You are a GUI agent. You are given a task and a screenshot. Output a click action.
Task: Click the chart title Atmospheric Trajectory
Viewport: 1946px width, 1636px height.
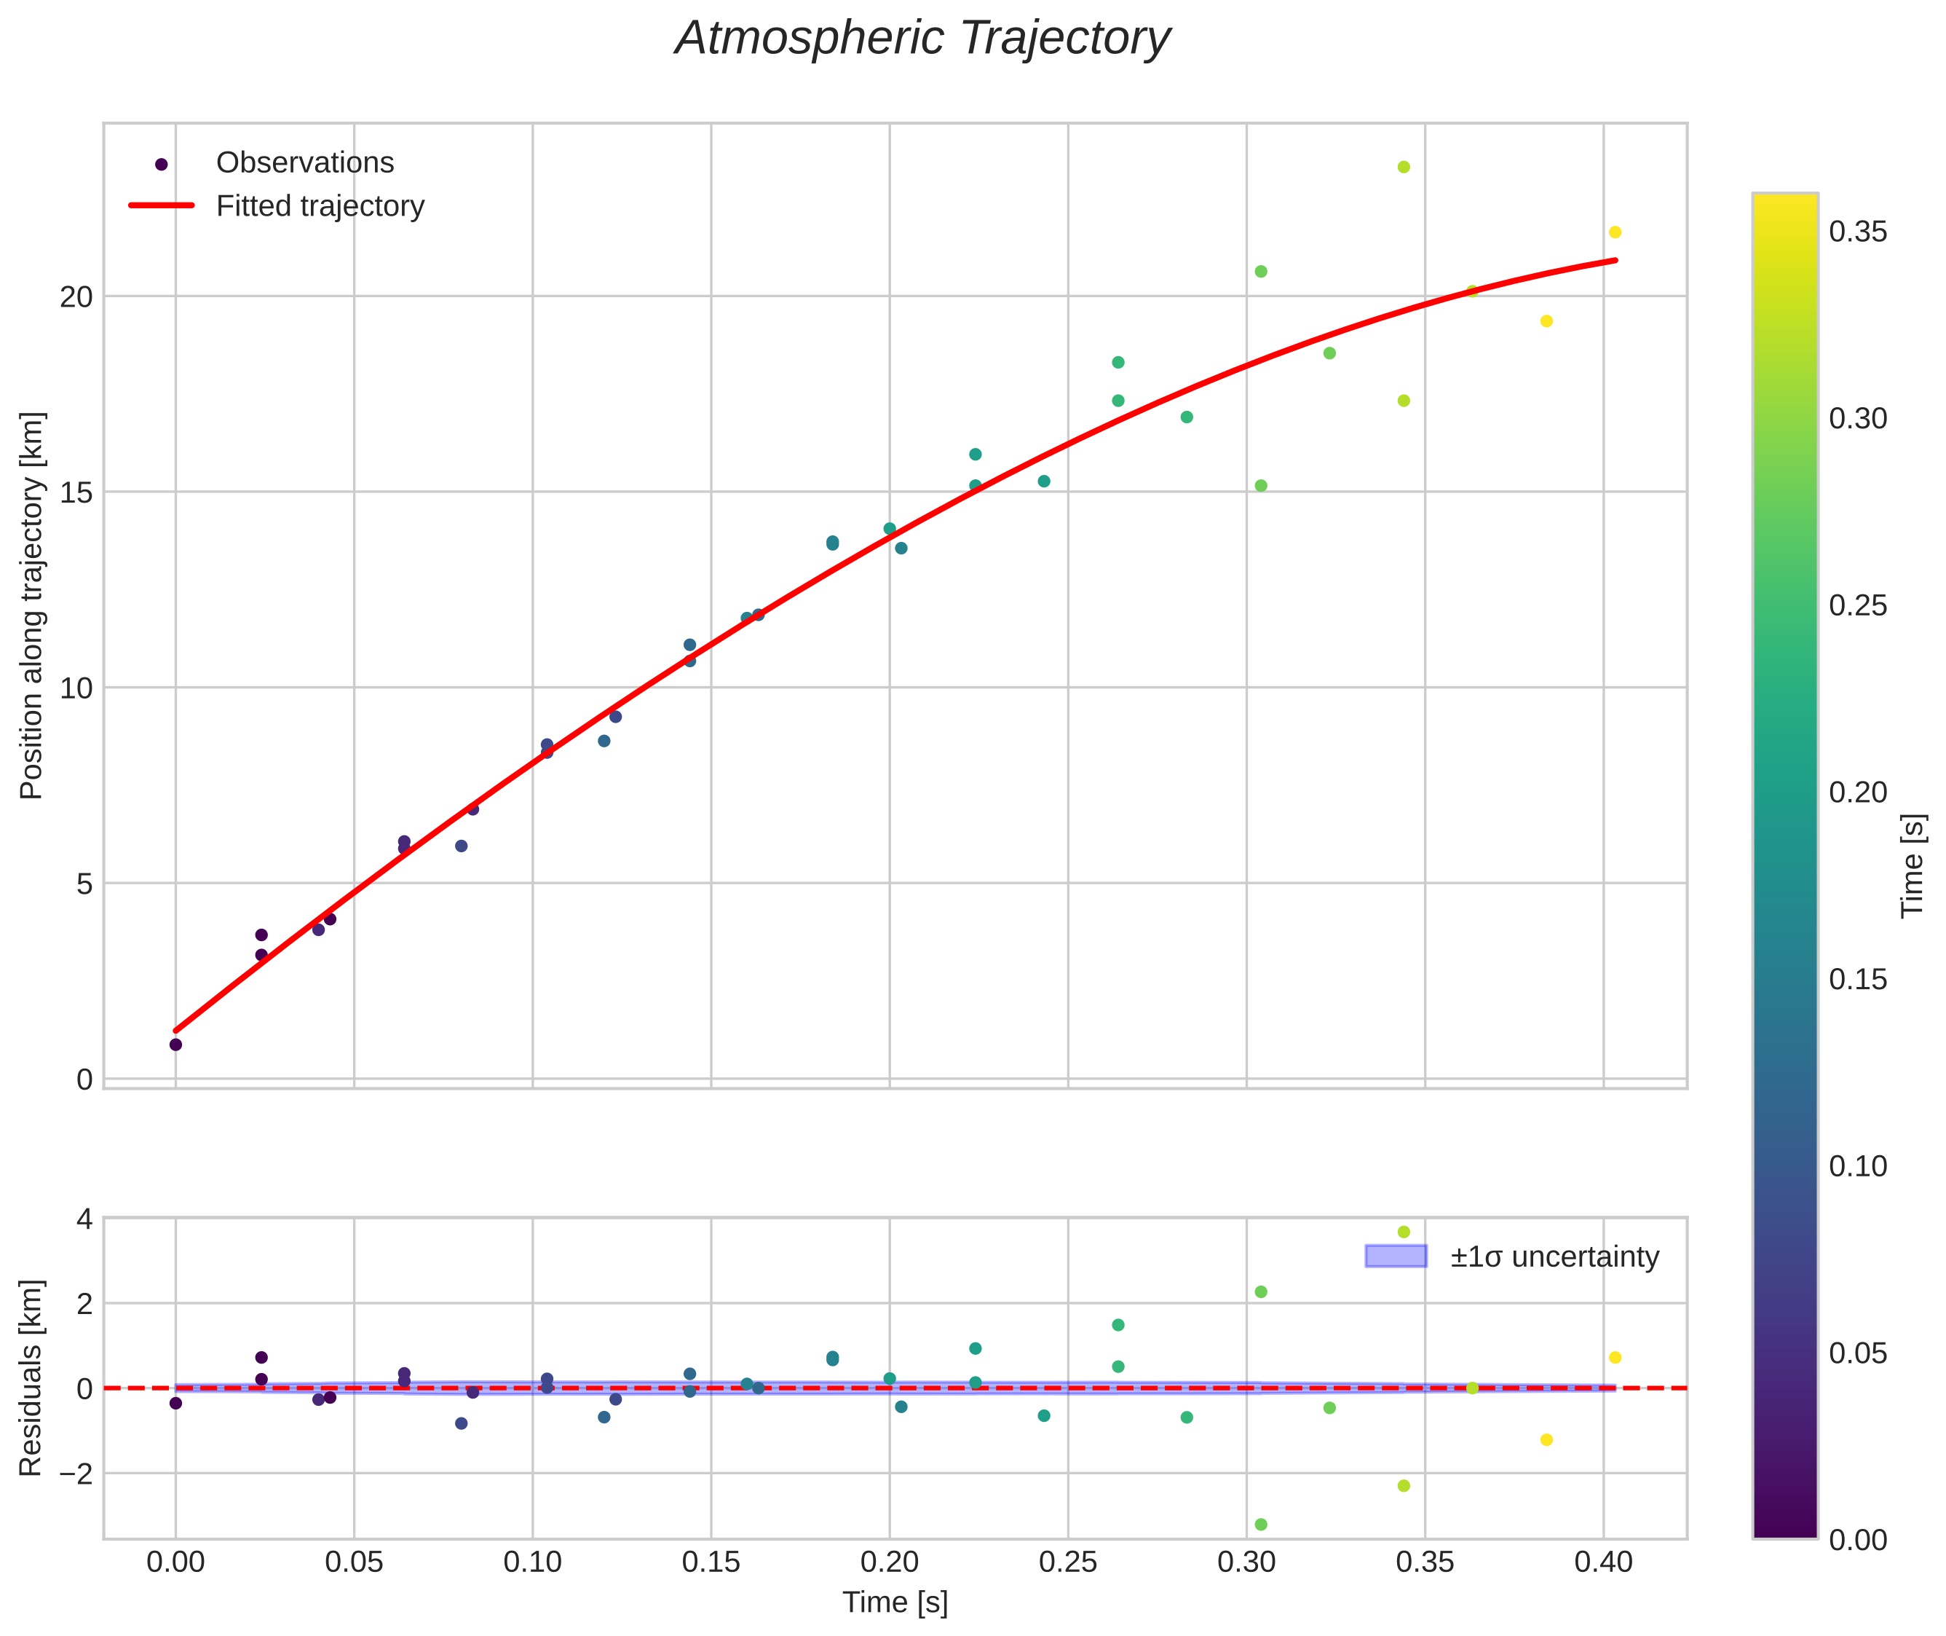pyautogui.click(x=922, y=39)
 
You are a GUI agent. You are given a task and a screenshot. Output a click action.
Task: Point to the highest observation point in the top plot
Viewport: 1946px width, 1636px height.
pyautogui.click(x=1404, y=167)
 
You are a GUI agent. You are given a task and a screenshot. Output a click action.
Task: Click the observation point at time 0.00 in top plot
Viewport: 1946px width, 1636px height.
pyautogui.click(x=176, y=1045)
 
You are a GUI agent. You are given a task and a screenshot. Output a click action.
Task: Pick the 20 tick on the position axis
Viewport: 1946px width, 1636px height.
pyautogui.click(x=77, y=296)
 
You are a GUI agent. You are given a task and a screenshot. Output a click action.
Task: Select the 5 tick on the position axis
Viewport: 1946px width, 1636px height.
pyautogui.click(x=85, y=884)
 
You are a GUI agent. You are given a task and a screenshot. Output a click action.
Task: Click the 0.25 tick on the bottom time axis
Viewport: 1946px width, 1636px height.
pyautogui.click(x=1068, y=1562)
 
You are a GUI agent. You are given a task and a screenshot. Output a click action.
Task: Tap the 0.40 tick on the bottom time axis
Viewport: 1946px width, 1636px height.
pyautogui.click(x=1603, y=1562)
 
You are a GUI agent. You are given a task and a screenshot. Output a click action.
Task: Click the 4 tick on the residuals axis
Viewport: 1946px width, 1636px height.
pyautogui.click(x=85, y=1219)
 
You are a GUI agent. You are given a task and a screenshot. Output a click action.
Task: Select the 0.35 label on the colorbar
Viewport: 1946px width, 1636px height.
pyautogui.click(x=1858, y=232)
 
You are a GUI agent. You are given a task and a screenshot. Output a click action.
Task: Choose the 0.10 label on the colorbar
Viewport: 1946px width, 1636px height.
pyautogui.click(x=1858, y=1165)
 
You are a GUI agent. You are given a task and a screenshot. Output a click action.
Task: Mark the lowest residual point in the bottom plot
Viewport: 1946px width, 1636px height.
pyautogui.click(x=1261, y=1525)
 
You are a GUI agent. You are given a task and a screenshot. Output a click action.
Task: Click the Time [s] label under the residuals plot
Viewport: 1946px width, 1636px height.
pyautogui.click(x=895, y=1602)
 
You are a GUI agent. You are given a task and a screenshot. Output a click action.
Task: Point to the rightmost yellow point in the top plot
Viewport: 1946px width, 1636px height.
pyautogui.click(x=1615, y=232)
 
